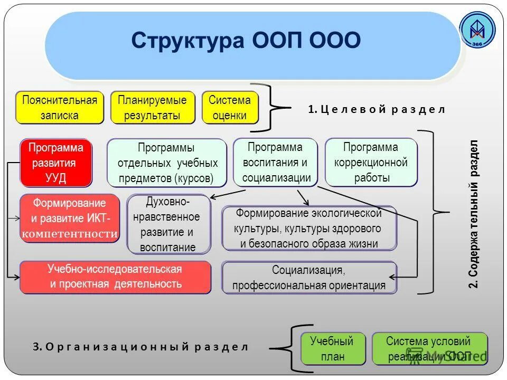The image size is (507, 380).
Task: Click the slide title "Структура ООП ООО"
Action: click(x=246, y=41)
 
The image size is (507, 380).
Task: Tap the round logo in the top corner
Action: click(x=477, y=31)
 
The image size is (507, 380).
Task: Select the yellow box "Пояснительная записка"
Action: click(x=60, y=108)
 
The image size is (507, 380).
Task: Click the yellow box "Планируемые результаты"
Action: click(x=152, y=108)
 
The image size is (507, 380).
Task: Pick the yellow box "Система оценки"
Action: click(x=230, y=108)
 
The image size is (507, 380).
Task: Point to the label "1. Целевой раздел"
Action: click(x=377, y=109)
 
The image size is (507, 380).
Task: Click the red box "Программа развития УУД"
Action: click(x=55, y=163)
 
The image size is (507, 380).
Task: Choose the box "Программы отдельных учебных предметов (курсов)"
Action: click(x=166, y=163)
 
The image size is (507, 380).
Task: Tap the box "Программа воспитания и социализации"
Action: click(x=276, y=162)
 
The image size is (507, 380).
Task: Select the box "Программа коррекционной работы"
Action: click(x=371, y=162)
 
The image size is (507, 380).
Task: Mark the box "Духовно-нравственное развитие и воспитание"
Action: click(x=168, y=224)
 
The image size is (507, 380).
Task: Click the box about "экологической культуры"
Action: click(x=309, y=228)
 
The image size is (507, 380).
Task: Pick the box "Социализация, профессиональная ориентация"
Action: click(x=309, y=278)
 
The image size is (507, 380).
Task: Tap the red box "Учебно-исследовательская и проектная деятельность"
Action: click(x=115, y=277)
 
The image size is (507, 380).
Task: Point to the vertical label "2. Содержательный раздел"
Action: click(x=474, y=214)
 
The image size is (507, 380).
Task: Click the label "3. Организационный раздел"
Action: click(x=140, y=347)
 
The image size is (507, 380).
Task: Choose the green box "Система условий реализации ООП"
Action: click(x=428, y=348)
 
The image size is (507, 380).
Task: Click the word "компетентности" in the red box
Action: click(x=70, y=234)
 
